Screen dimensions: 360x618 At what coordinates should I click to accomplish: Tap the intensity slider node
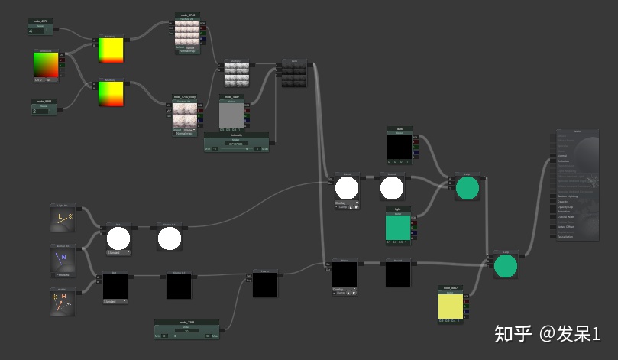coord(236,144)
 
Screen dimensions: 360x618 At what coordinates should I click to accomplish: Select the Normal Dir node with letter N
coord(63,258)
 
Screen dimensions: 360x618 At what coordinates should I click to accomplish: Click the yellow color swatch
coord(451,306)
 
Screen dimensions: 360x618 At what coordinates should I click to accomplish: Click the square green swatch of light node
coord(398,228)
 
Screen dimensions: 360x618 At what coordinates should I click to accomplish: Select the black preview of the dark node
coord(399,146)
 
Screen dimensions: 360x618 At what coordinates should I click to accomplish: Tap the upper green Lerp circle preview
coord(467,188)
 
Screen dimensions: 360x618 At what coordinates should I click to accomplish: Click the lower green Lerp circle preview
coord(505,266)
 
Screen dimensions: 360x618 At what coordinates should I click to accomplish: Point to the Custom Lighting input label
coord(569,196)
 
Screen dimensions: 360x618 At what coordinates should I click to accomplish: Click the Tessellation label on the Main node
coord(568,236)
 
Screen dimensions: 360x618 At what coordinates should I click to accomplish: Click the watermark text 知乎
coord(513,333)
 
